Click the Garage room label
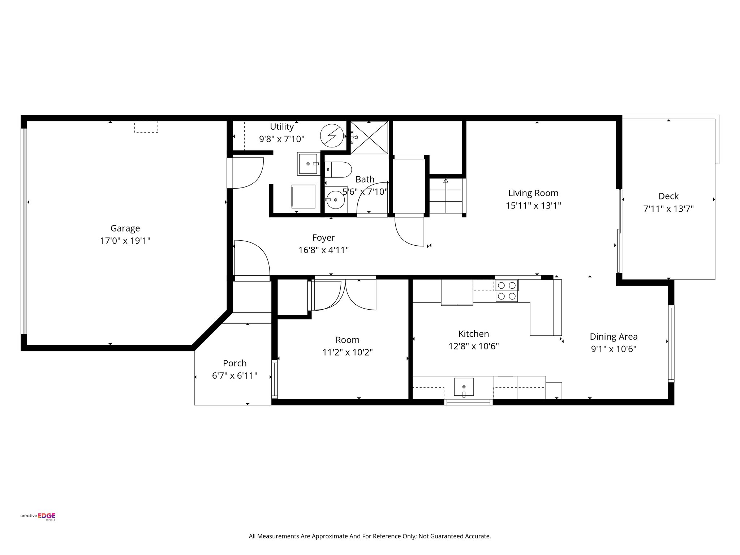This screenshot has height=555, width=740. pyautogui.click(x=125, y=228)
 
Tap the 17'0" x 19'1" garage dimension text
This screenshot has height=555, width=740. pyautogui.click(x=125, y=241)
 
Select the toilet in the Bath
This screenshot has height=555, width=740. pyautogui.click(x=338, y=169)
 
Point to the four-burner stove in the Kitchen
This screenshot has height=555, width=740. pyautogui.click(x=507, y=291)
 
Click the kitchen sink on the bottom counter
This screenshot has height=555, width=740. pyautogui.click(x=464, y=387)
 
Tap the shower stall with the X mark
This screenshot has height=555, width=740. pyautogui.click(x=369, y=138)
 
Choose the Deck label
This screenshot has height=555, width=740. pyautogui.click(x=668, y=196)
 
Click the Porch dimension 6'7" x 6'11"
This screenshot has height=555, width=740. pyautogui.click(x=235, y=376)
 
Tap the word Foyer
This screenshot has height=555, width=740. pyautogui.click(x=323, y=238)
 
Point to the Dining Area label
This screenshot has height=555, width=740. pyautogui.click(x=614, y=337)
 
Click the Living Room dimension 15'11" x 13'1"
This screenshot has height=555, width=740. pyautogui.click(x=533, y=206)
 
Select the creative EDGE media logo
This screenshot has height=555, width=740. pyautogui.click(x=38, y=516)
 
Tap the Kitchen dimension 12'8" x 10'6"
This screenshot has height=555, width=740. pyautogui.click(x=473, y=346)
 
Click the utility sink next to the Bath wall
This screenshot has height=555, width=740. pyautogui.click(x=308, y=164)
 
